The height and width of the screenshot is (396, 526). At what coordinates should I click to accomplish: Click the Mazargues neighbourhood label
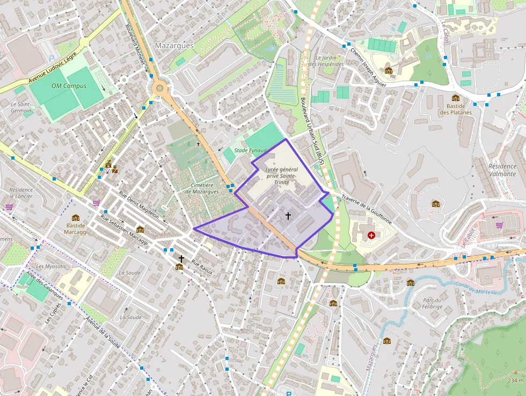(x=174, y=46)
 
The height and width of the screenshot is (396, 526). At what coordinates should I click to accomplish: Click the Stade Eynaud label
(x=251, y=150)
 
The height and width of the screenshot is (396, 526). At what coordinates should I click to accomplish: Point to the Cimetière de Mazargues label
(x=202, y=188)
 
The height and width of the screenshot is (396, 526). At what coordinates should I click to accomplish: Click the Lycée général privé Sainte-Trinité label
(x=281, y=176)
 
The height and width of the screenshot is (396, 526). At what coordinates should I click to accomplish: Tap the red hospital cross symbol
(x=371, y=235)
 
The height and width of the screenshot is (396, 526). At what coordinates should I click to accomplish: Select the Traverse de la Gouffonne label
(x=367, y=210)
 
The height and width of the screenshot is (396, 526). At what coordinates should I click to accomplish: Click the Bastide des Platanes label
(x=456, y=109)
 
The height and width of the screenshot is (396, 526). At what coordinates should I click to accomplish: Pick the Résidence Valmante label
(x=502, y=170)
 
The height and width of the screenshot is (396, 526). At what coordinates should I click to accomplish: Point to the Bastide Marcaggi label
(x=76, y=229)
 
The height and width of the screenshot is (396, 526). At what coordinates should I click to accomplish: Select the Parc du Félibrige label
(x=432, y=303)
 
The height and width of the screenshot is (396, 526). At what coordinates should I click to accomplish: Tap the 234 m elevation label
(x=515, y=380)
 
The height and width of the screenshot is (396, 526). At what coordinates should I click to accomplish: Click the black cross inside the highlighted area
(x=288, y=216)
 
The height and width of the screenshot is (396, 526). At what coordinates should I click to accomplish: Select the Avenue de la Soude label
(x=103, y=331)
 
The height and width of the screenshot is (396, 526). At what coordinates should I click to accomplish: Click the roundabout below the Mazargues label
(x=159, y=88)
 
